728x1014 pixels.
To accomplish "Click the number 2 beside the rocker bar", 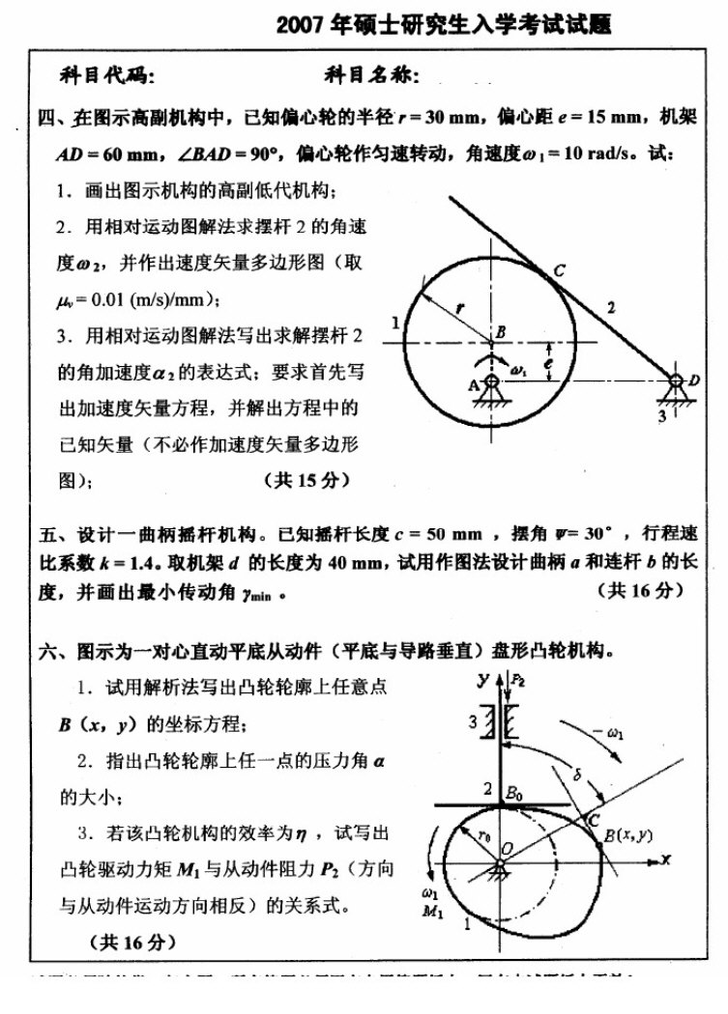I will click(x=610, y=308).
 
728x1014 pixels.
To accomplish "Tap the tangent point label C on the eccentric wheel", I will click(x=559, y=270).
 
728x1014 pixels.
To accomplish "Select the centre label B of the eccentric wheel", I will click(x=500, y=333).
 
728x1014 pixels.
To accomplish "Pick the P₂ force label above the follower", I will click(x=518, y=680).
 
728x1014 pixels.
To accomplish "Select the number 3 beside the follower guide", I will click(x=473, y=720).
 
